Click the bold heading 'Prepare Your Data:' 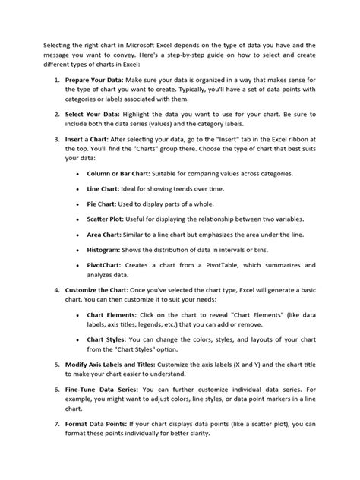[97, 79]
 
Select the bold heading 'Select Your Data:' [93, 113]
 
